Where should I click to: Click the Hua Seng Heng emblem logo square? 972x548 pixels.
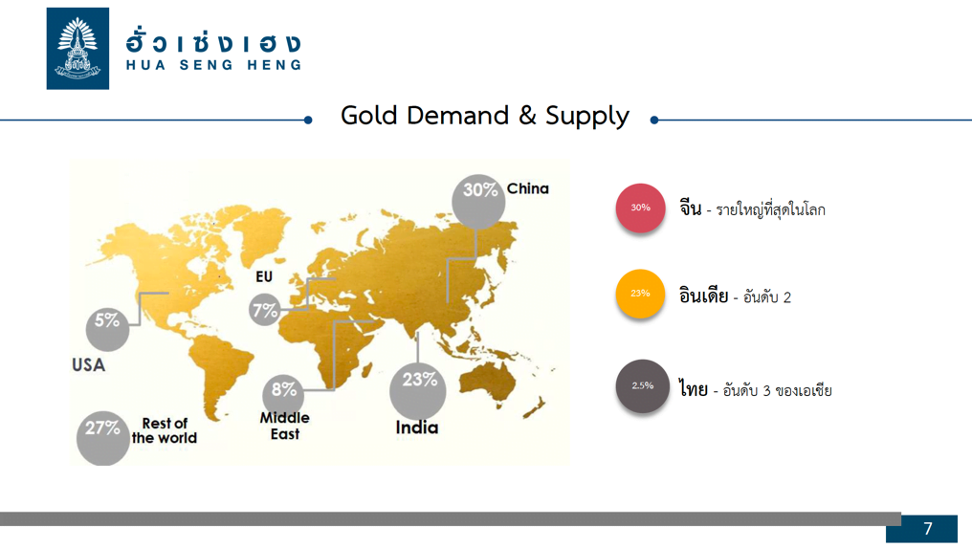(77, 49)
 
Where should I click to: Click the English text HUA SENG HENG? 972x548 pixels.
(214, 65)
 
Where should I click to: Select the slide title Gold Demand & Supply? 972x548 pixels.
(485, 116)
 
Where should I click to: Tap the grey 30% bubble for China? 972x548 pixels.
(478, 202)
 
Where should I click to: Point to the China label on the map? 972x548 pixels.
(527, 188)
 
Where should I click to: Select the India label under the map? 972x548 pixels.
(416, 427)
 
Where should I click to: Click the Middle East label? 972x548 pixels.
(284, 426)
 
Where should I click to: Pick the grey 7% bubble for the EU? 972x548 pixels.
(265, 309)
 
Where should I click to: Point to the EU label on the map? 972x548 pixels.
(264, 276)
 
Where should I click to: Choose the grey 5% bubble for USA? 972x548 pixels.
(107, 329)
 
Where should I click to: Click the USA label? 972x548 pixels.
(89, 365)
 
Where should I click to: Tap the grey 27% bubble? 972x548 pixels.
(103, 438)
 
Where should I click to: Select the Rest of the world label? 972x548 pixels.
(165, 430)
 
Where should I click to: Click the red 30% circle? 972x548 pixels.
(640, 208)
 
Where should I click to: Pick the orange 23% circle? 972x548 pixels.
(640, 294)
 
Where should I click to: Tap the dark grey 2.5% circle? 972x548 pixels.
(642, 385)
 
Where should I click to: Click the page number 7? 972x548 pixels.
(927, 529)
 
